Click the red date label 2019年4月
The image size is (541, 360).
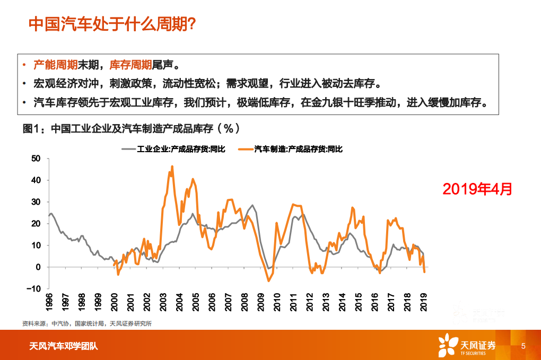pos(477,189)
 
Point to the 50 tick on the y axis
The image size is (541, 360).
pos(36,159)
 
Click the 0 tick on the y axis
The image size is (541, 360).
pos(38,267)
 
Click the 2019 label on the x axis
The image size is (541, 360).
pos(424,301)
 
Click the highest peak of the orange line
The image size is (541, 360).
pos(172,166)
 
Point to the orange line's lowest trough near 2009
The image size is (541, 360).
pos(269,280)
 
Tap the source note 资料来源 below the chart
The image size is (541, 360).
pos(87,323)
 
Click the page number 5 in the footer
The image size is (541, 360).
pos(523,346)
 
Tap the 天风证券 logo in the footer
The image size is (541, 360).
pos(467,345)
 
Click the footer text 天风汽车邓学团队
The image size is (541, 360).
pos(63,347)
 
